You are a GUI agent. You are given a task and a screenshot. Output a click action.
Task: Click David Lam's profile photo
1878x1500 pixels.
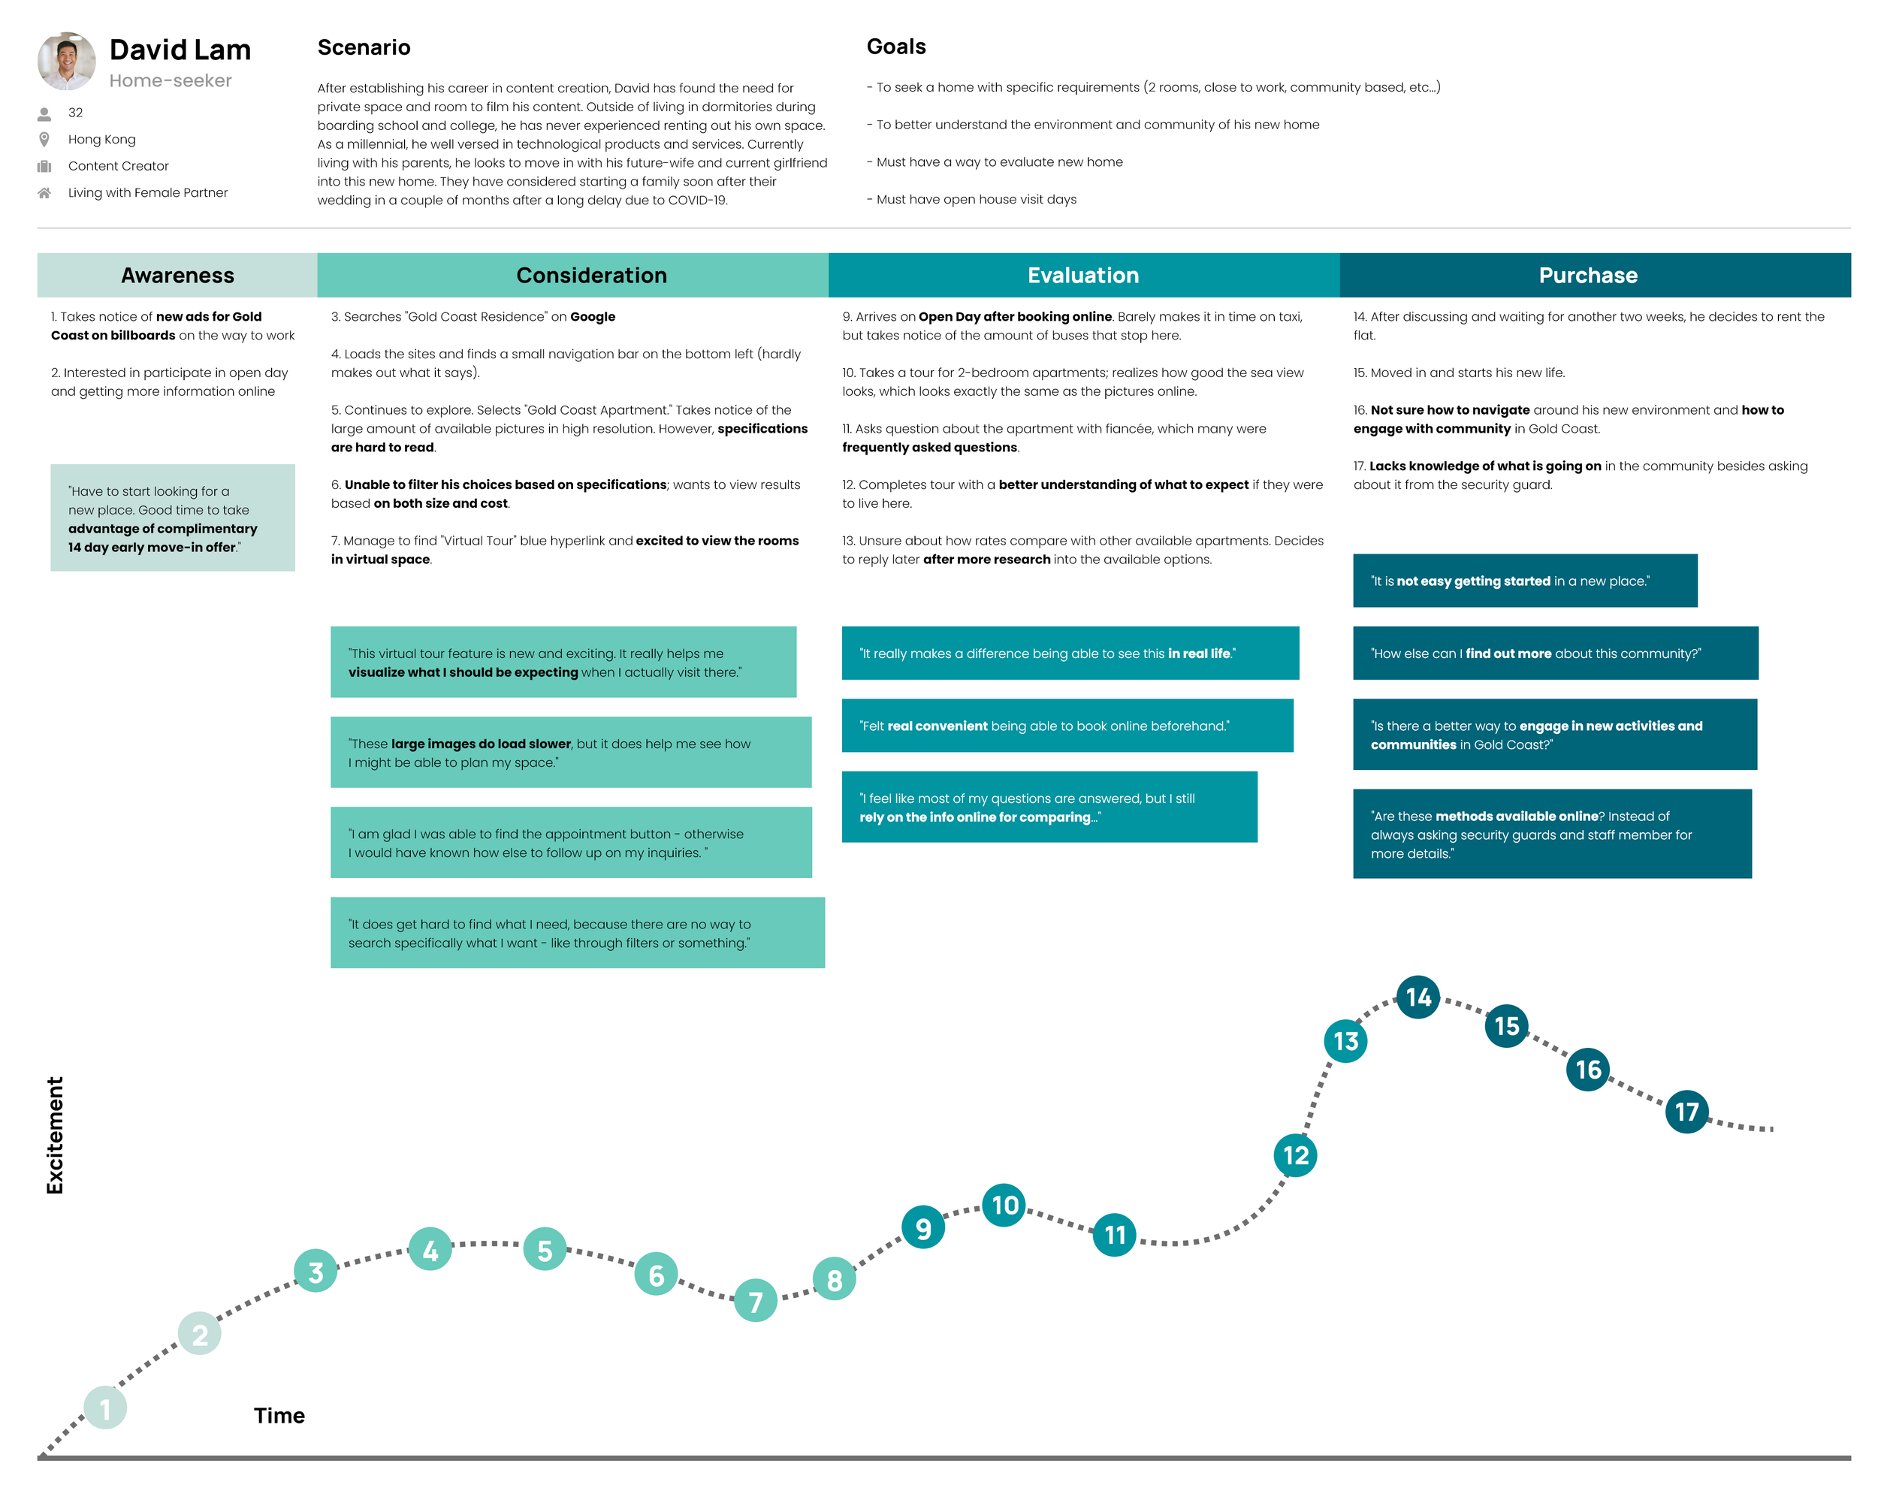(66, 61)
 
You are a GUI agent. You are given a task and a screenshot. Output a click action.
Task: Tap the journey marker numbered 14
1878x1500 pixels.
(1418, 997)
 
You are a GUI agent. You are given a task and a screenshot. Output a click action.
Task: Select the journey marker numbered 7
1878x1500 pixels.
(755, 1300)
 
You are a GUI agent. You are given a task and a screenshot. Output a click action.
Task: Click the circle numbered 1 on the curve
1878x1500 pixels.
(105, 1408)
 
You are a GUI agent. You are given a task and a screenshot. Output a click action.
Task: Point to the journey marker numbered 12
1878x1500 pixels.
(1294, 1155)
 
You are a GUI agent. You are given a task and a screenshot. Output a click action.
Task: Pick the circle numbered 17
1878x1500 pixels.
(1686, 1112)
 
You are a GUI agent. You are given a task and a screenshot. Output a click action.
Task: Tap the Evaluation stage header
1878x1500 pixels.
(1082, 275)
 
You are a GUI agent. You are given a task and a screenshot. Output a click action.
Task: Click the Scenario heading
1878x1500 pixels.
(364, 47)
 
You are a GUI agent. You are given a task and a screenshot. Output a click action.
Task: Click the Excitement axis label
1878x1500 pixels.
(55, 1135)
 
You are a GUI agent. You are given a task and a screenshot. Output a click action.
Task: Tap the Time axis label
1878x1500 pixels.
(279, 1416)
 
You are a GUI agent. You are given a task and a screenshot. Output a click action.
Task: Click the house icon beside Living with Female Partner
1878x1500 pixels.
(44, 192)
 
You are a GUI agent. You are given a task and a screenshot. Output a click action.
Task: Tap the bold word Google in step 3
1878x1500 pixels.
(592, 317)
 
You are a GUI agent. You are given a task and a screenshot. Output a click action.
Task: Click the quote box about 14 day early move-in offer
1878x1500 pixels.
(173, 518)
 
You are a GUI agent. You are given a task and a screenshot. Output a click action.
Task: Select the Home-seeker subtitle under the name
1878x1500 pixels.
(171, 81)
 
